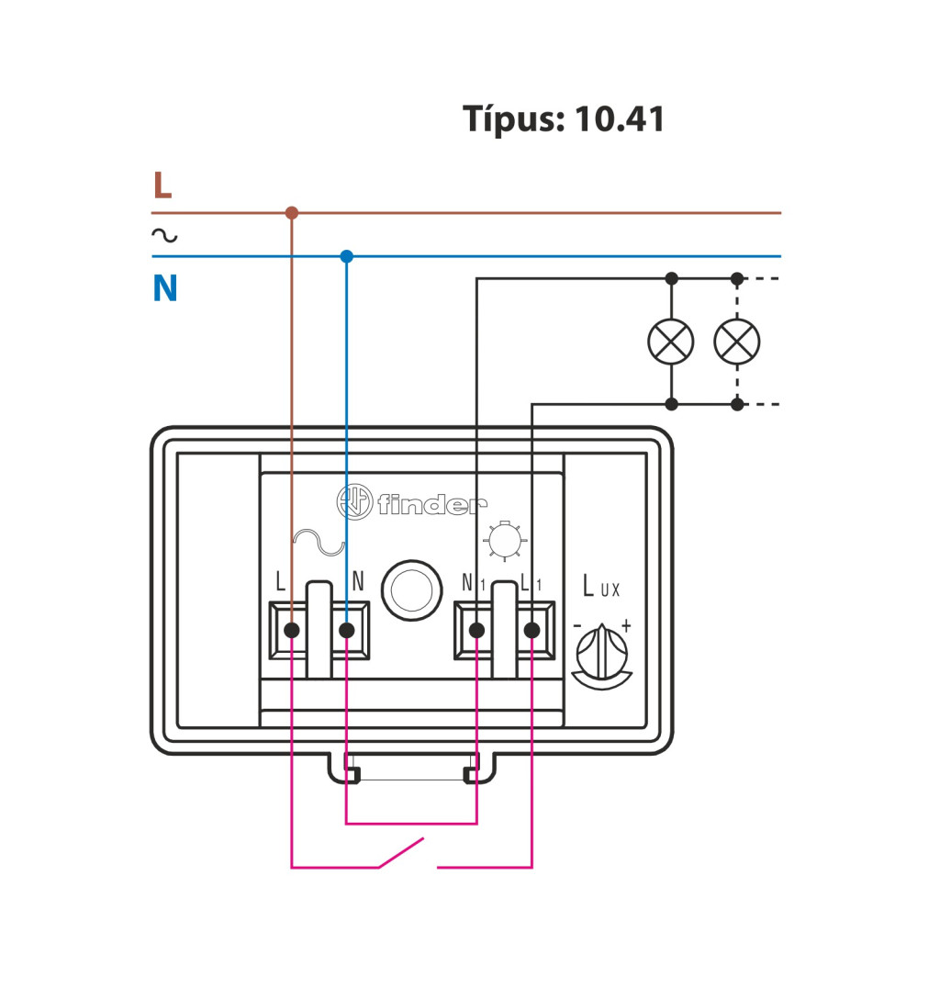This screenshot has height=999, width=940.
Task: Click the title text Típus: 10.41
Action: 564,119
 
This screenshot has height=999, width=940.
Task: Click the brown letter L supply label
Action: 162,185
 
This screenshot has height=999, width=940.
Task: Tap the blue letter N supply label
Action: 164,289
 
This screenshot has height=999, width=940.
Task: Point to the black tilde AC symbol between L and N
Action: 164,236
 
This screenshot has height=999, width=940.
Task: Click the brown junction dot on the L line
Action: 292,213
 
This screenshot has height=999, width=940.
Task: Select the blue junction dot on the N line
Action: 346,256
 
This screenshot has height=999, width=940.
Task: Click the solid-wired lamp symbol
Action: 671,342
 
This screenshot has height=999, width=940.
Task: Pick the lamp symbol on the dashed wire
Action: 736,342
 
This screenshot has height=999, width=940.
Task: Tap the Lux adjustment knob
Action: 601,653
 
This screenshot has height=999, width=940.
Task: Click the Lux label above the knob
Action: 602,586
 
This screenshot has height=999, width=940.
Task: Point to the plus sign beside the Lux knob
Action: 626,625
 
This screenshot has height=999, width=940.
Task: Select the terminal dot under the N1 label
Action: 476,630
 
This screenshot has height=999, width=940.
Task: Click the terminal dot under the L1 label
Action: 532,630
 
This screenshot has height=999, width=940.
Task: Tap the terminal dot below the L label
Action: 292,630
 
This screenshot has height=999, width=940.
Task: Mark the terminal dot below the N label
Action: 347,630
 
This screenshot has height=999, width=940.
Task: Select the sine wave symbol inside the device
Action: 318,544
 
